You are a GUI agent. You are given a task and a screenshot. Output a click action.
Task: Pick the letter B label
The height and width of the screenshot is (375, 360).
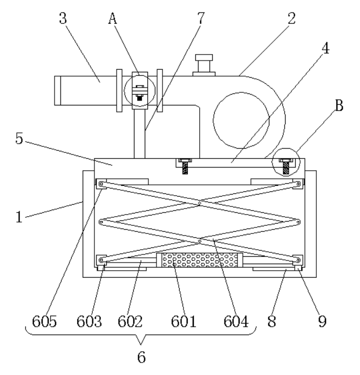point(339,106)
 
